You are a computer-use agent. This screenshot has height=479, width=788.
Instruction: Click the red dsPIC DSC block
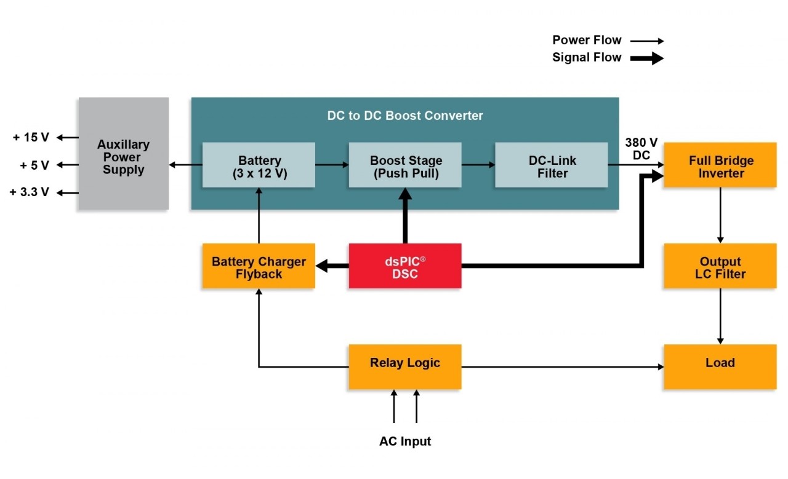pos(405,266)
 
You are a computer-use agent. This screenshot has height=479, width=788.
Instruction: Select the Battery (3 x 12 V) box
pos(259,165)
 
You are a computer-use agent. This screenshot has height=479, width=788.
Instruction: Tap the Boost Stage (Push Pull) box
pos(405,165)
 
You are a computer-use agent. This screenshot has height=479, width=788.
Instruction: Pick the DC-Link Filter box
pos(552,165)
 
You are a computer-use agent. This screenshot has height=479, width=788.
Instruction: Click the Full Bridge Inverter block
pos(720,165)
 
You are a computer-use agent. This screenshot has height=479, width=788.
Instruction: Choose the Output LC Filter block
pos(720,266)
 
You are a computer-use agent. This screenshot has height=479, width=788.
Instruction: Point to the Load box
pos(720,366)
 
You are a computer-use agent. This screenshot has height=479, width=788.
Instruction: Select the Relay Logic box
pos(405,366)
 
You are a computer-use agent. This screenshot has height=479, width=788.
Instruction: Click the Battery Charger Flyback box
pos(259,266)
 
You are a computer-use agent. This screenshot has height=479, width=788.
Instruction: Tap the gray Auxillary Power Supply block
pos(123,154)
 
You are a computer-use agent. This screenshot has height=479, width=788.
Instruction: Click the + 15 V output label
pos(31,138)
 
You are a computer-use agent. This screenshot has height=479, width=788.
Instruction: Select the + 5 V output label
pos(34,165)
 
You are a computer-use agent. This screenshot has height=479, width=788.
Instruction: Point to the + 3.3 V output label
pos(30,192)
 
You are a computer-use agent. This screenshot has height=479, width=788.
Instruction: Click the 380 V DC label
pos(641,149)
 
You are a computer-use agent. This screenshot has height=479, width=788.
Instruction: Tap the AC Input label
pos(404,441)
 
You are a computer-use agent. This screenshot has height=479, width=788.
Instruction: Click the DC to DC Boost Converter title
pos(404,116)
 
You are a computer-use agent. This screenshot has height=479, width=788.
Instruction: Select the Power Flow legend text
pos(587,41)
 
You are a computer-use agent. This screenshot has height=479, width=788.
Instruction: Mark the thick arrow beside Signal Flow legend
pos(646,58)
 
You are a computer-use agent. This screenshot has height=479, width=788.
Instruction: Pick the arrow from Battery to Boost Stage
pos(332,165)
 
